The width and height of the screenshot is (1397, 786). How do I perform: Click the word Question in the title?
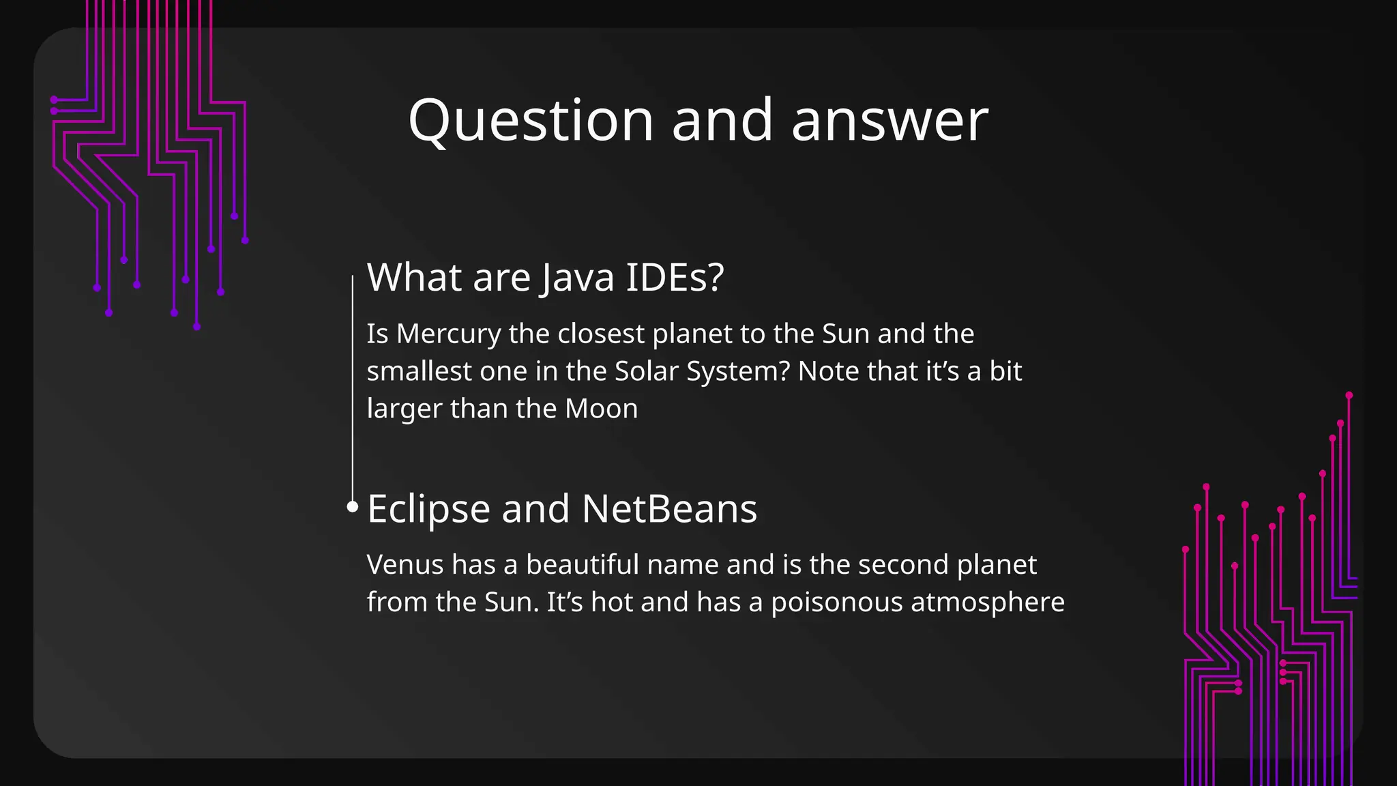click(531, 121)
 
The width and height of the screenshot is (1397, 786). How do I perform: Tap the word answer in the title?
click(889, 121)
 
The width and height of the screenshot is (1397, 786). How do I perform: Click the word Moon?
click(601, 409)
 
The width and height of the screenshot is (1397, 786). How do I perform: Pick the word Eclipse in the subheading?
click(428, 509)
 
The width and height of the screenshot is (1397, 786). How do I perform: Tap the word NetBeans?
click(669, 509)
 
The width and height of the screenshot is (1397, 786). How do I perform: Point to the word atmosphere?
click(987, 602)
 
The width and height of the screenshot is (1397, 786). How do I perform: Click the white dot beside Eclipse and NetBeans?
click(352, 506)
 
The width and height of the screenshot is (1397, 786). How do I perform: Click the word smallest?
click(418, 372)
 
